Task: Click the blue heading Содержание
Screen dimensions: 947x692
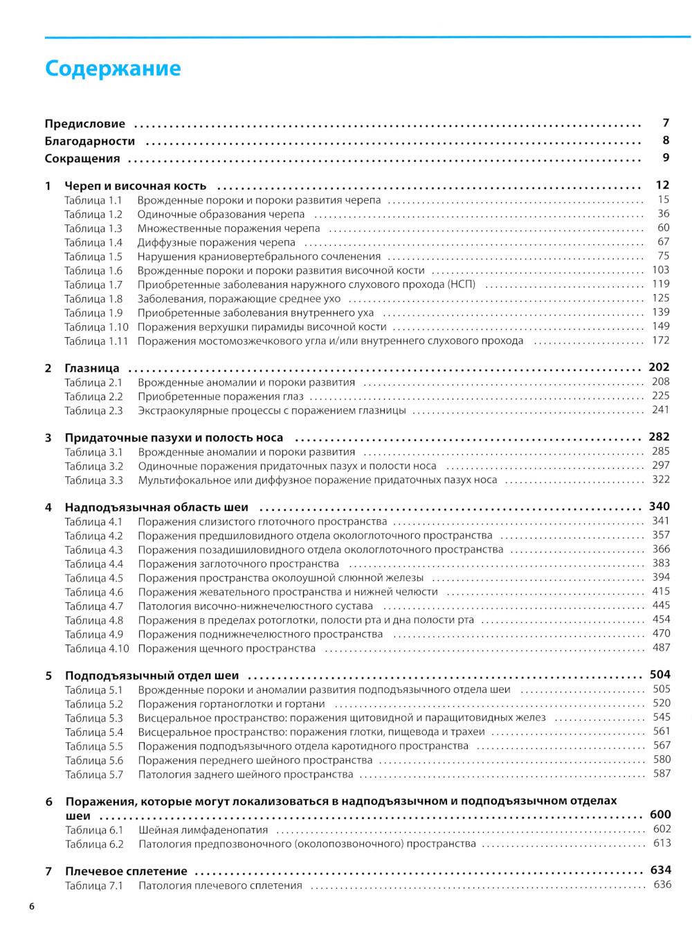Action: pos(113,69)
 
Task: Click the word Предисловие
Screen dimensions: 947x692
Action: pos(85,124)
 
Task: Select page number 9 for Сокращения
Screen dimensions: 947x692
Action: pos(666,158)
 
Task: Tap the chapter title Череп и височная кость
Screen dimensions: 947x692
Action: pos(136,186)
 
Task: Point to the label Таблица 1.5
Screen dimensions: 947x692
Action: pos(93,257)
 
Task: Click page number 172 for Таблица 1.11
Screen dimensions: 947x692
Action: pos(661,341)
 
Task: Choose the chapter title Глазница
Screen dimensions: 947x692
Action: pos(92,368)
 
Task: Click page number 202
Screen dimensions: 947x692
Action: pos(659,368)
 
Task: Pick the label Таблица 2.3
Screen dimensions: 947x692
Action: pos(93,411)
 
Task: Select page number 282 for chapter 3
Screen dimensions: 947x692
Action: pos(659,437)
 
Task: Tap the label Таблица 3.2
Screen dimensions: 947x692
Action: pos(94,467)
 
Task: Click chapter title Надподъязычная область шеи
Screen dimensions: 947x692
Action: pos(156,507)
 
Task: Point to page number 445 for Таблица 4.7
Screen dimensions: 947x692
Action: pos(661,606)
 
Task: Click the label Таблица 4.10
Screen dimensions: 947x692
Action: pos(97,649)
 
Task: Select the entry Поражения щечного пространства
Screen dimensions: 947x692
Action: pos(226,649)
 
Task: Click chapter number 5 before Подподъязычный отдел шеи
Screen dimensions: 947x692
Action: pos(48,676)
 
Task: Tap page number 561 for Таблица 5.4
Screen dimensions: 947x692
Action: pos(662,732)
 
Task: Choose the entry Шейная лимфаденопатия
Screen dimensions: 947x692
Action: pos(203,830)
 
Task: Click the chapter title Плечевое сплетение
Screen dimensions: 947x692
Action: pos(126,872)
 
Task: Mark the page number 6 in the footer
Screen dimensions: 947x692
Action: pos(32,907)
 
